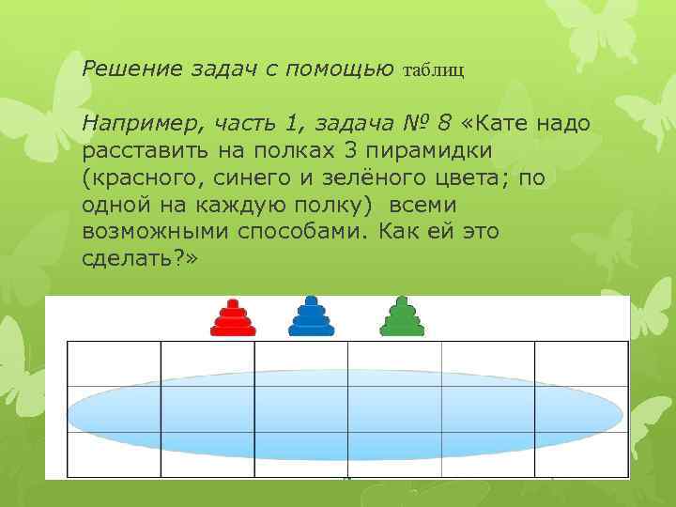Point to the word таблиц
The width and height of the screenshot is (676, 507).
434,69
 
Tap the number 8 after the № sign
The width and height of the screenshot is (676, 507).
444,122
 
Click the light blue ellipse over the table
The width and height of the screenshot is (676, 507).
346,409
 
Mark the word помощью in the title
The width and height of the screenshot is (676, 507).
344,69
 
